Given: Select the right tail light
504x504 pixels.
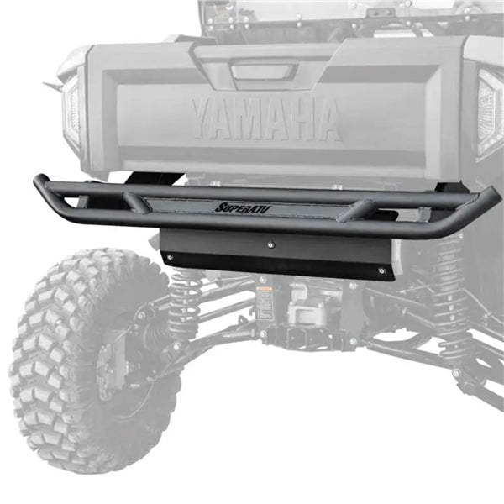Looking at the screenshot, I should pos(489,114).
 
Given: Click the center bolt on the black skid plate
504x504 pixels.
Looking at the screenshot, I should pos(270,245).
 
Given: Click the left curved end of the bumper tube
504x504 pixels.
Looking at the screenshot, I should pos(40,186).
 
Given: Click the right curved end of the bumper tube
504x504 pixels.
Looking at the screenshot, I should pos(491,206).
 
